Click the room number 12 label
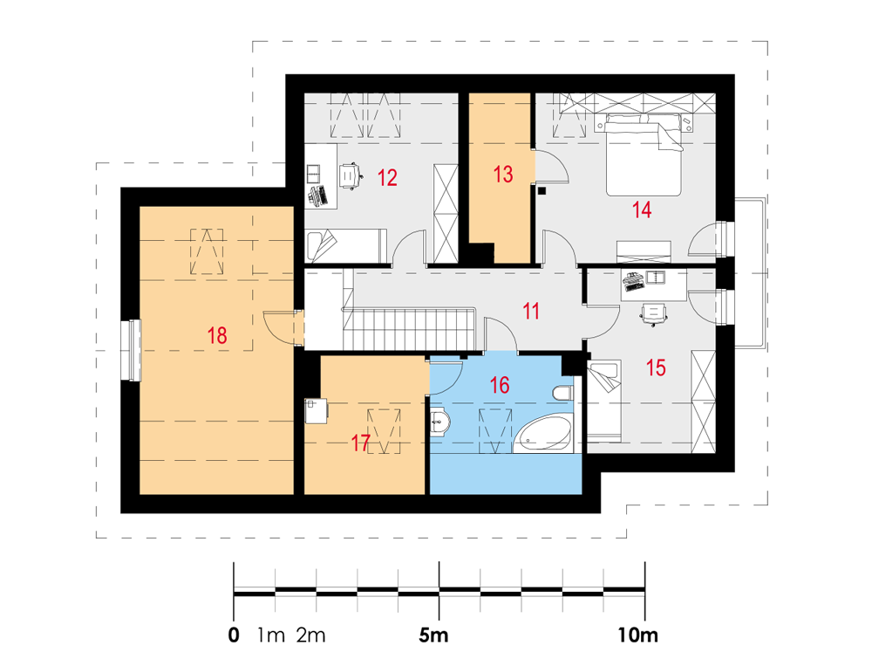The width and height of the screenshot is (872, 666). coord(387,178)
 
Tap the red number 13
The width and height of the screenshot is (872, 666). coord(503,175)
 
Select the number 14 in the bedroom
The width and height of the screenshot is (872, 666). coord(641,210)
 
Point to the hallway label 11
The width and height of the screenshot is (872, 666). coord(531,311)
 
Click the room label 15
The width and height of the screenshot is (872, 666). coord(656,367)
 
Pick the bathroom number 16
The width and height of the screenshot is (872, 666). coord(500,385)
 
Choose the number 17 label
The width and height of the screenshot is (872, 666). coord(360,443)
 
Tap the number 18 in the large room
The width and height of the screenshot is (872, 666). coord(217,335)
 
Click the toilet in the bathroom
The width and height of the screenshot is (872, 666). coord(562,393)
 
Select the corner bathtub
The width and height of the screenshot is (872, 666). coord(542,433)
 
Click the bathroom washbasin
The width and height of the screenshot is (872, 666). coord(439,422)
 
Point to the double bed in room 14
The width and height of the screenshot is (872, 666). coord(644,154)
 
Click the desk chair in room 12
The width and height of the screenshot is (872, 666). coord(350,176)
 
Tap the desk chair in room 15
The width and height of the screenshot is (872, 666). coord(653,313)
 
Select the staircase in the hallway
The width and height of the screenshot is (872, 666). coord(409,328)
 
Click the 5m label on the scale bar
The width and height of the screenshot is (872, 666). coord(433,635)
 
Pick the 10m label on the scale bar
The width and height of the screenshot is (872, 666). coord(638,635)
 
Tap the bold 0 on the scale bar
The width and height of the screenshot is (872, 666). coord(234,635)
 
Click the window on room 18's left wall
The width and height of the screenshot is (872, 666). coord(132,350)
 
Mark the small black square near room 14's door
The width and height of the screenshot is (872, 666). coord(542,190)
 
